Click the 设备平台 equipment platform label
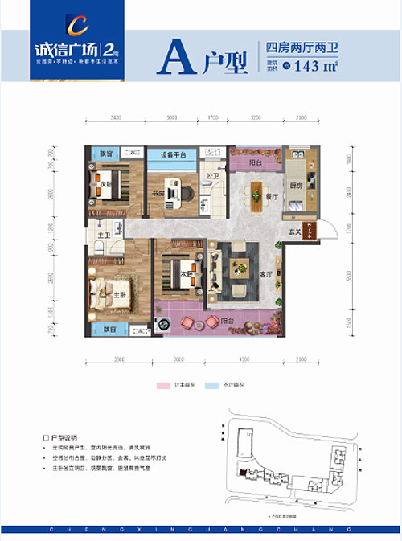172,155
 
